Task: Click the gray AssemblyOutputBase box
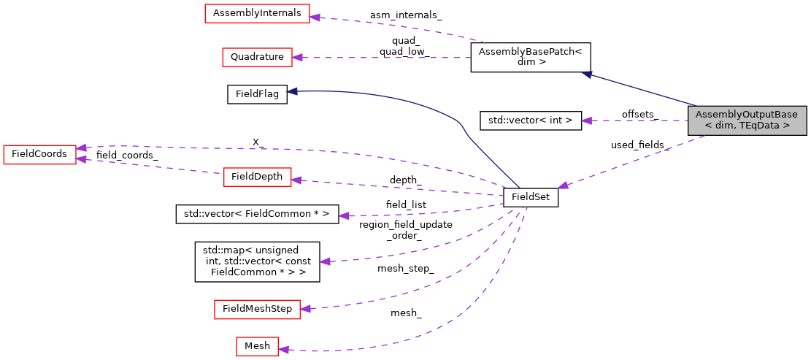point(747,120)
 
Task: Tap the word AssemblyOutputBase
point(747,115)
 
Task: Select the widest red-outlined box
point(257,13)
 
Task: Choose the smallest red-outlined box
point(257,346)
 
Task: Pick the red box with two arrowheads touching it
point(39,154)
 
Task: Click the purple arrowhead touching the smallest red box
point(284,350)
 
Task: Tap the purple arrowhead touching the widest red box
point(315,16)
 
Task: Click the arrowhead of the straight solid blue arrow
point(586,74)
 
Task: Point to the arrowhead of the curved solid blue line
point(291,91)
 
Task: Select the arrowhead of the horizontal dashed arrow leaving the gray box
point(585,120)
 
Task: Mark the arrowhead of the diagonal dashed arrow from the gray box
point(563,185)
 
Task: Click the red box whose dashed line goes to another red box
point(257,177)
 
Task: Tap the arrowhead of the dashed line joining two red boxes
point(81,158)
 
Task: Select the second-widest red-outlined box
point(257,309)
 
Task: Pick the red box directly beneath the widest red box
point(257,57)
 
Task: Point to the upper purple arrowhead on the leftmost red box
point(81,148)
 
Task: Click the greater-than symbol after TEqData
point(786,126)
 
